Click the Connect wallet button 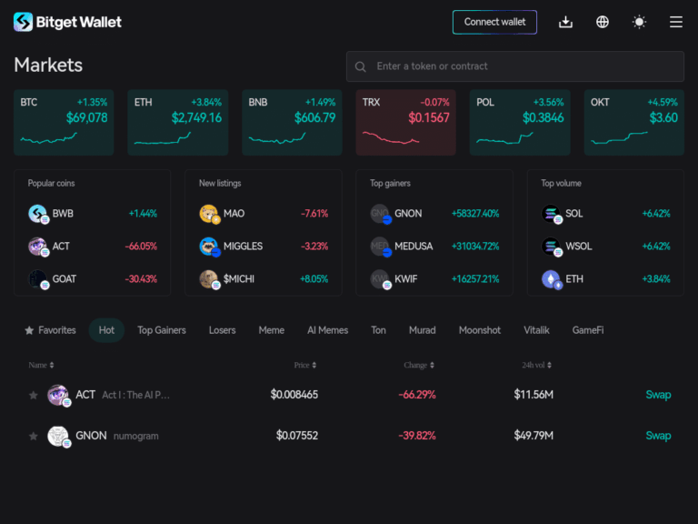pyautogui.click(x=494, y=22)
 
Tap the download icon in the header pyautogui.click(x=565, y=22)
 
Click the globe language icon pyautogui.click(x=603, y=22)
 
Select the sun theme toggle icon pyautogui.click(x=639, y=22)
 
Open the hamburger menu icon pyautogui.click(x=676, y=22)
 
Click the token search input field pyautogui.click(x=514, y=66)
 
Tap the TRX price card pyautogui.click(x=405, y=122)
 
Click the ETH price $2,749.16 pyautogui.click(x=196, y=118)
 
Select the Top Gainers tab pyautogui.click(x=162, y=330)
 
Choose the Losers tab pyautogui.click(x=222, y=330)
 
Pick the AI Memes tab pyautogui.click(x=327, y=330)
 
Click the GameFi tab pyautogui.click(x=587, y=330)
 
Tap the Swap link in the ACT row pyautogui.click(x=658, y=395)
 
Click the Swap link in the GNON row pyautogui.click(x=658, y=436)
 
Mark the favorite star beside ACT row pyautogui.click(x=34, y=395)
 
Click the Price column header pyautogui.click(x=304, y=365)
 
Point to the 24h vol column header pyautogui.click(x=536, y=365)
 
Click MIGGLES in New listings pyautogui.click(x=243, y=247)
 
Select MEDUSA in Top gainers pyautogui.click(x=414, y=247)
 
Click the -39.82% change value pyautogui.click(x=416, y=436)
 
